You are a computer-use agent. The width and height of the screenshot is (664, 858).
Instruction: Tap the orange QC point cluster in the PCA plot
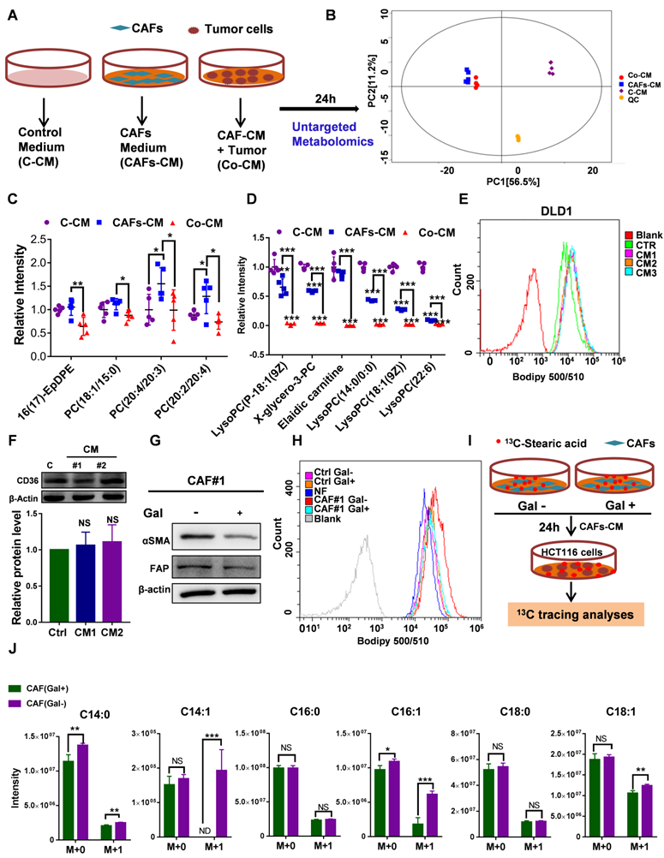point(517,138)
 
